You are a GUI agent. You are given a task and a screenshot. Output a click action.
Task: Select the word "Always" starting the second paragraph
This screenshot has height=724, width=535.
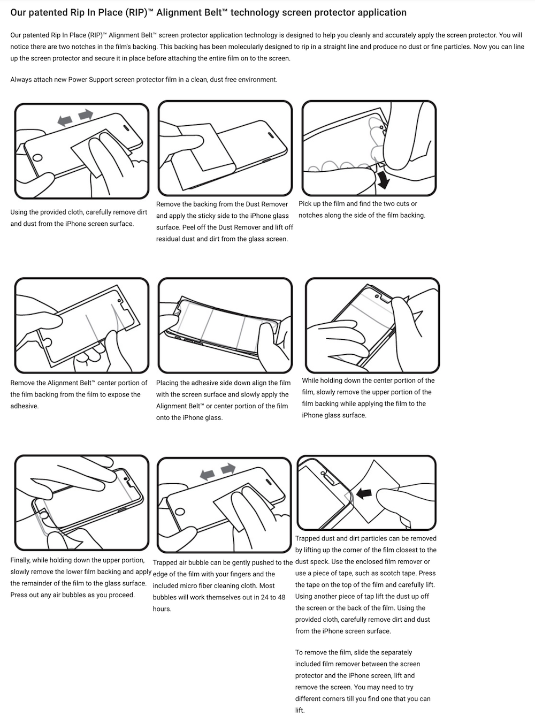[21, 80]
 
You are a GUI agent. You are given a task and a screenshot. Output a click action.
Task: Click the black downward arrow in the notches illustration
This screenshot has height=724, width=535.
[383, 180]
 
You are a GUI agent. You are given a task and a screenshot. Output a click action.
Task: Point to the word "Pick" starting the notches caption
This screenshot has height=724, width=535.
[305, 204]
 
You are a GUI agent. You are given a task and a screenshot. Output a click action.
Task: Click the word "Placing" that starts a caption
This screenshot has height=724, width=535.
[168, 383]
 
